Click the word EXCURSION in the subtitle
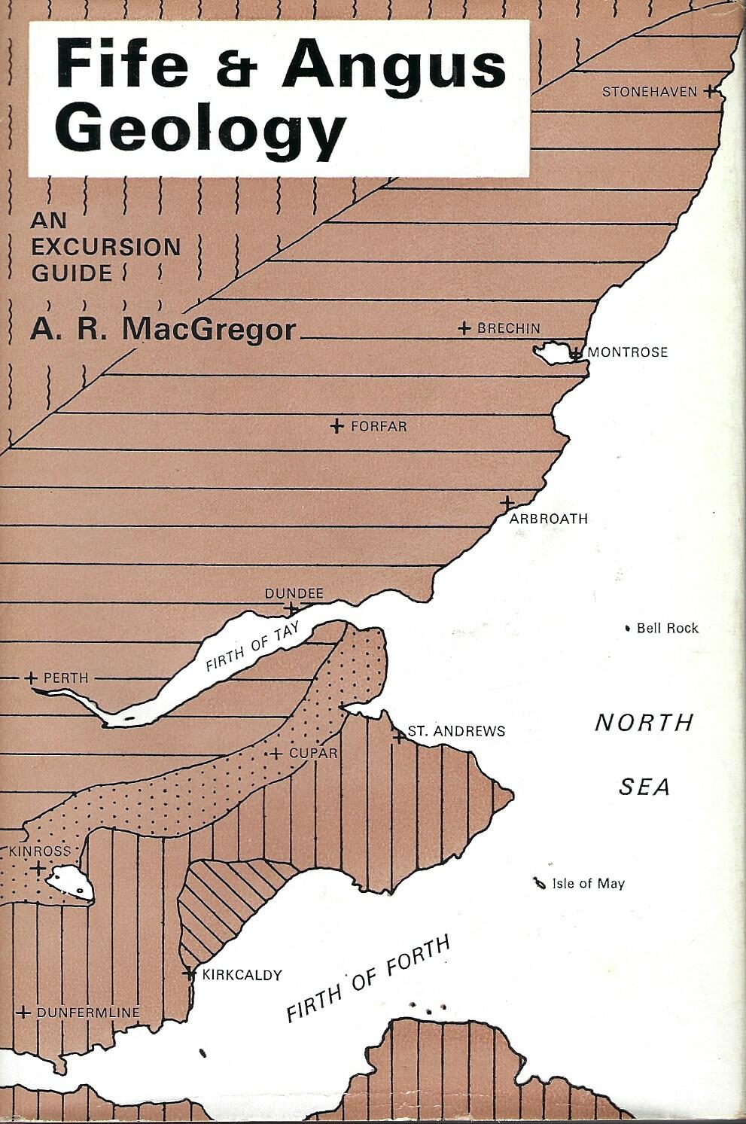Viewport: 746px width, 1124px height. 106,246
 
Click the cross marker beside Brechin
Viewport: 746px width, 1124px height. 464,328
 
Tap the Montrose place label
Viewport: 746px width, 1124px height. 627,352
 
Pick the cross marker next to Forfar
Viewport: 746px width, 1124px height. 337,427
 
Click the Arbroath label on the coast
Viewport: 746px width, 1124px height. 549,519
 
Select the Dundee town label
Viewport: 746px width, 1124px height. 294,594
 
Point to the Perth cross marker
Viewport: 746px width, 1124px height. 31,678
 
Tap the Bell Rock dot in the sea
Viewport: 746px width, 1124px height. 629,628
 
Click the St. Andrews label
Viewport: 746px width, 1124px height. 456,731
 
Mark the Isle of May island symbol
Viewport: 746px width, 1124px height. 538,884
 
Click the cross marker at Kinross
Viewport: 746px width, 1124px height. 37,868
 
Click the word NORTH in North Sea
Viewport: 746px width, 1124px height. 644,723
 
